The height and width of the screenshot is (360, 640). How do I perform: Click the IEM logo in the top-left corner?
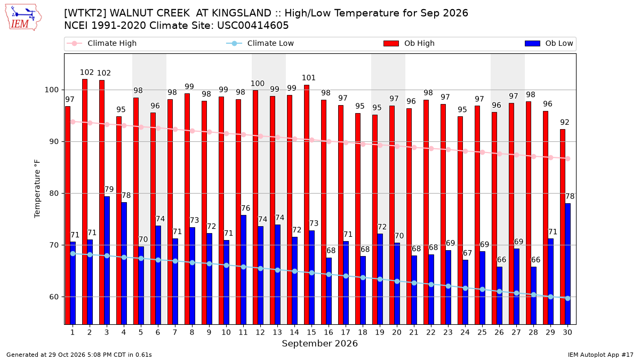[23, 18]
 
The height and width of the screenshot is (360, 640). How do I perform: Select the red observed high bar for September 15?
[307, 205]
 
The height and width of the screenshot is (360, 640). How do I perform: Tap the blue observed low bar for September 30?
[567, 264]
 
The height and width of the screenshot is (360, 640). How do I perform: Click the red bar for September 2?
[85, 202]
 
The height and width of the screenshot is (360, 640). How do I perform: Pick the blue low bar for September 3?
[107, 260]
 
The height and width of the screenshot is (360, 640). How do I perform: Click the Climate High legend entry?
[102, 43]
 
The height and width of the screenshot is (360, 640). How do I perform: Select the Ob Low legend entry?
[549, 43]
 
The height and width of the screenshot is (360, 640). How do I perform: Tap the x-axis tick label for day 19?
[380, 332]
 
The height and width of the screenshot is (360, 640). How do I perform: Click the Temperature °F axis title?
[37, 189]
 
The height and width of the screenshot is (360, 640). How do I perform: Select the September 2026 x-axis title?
[319, 343]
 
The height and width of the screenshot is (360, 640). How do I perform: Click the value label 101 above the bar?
[309, 78]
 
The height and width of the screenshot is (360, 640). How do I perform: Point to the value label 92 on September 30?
[565, 122]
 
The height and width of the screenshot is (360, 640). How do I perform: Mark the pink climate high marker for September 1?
[73, 122]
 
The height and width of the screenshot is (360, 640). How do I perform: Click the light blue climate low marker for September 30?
[567, 298]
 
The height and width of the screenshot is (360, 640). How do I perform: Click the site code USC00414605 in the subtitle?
[253, 26]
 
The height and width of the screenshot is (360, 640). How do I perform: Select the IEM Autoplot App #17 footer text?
[601, 355]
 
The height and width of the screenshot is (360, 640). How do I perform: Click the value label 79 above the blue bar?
[109, 189]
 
